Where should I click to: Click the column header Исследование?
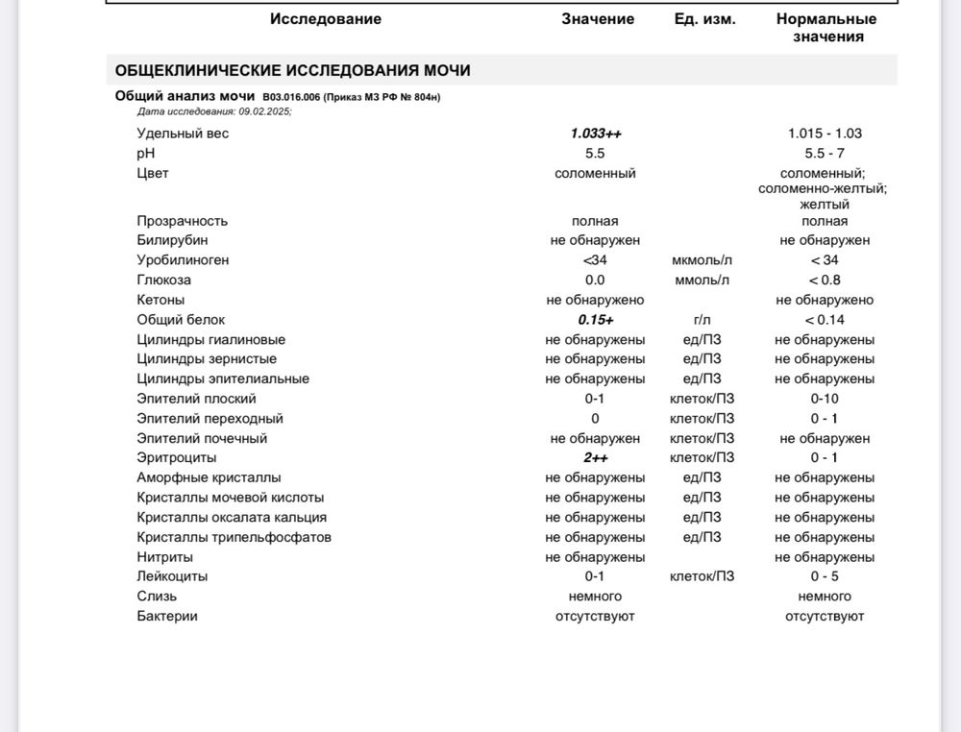(325, 19)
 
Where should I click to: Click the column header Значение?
(598, 19)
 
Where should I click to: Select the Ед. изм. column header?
(705, 19)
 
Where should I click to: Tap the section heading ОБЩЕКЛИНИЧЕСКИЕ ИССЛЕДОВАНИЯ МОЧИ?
(292, 71)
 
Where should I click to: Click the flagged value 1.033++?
(596, 134)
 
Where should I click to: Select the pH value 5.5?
(595, 154)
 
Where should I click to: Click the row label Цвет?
(153, 174)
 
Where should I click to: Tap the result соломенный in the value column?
(595, 174)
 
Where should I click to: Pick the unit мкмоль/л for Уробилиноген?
(702, 260)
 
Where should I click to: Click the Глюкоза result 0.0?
(595, 281)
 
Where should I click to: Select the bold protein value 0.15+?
(596, 320)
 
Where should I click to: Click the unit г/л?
(702, 320)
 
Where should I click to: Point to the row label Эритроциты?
(177, 458)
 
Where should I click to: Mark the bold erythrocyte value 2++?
(596, 458)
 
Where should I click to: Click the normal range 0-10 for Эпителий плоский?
(825, 399)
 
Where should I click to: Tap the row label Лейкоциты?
(172, 576)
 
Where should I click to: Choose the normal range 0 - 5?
(825, 576)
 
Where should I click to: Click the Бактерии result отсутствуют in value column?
(595, 616)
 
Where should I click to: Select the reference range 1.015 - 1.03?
(825, 134)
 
